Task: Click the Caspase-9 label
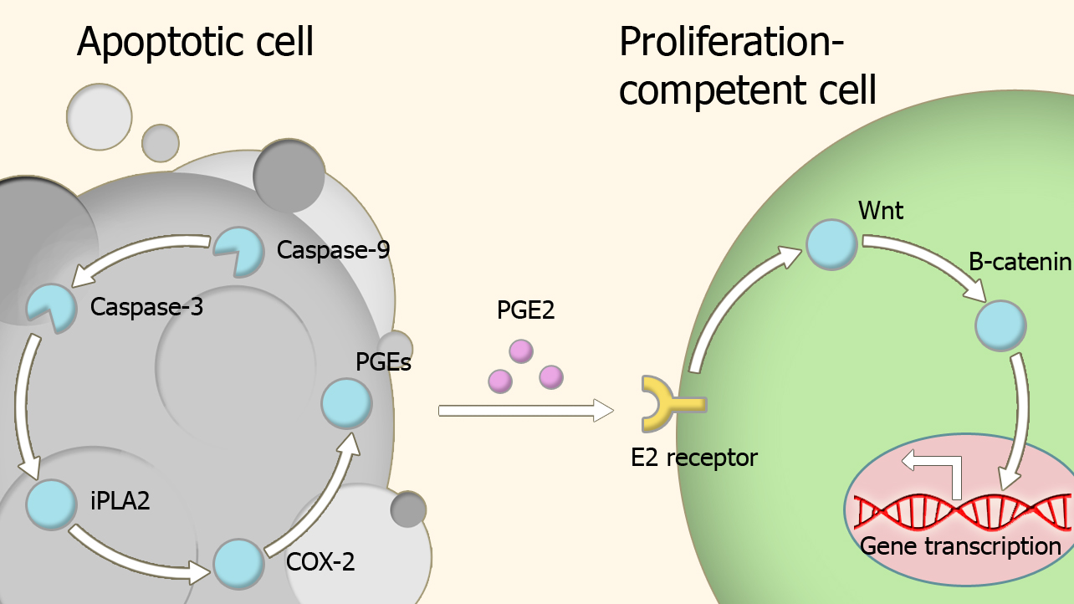point(333,250)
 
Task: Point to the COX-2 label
point(320,561)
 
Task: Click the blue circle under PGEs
point(346,402)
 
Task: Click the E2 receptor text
point(694,458)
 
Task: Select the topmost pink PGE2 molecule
point(521,351)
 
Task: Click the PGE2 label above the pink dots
point(525,310)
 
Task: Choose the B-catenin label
point(1020,262)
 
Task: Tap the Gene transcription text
point(960,546)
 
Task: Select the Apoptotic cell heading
point(195,42)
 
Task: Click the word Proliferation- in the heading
point(731,42)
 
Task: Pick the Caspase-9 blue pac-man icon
point(239,251)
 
